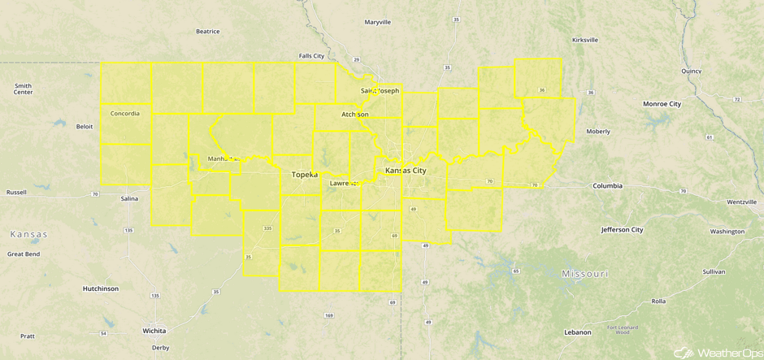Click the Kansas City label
tap(405, 171)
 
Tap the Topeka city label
tap(305, 174)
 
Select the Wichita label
tap(154, 331)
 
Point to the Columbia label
tap(607, 186)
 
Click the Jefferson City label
tap(622, 230)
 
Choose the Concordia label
tap(124, 113)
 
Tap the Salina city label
tap(128, 198)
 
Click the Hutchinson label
tap(100, 288)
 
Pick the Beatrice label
tap(208, 32)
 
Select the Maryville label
tap(378, 22)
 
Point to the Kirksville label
tap(585, 39)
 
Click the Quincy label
tap(692, 71)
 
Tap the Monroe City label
tap(662, 104)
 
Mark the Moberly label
tap(598, 131)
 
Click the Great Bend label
tap(24, 254)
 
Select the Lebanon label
tap(578, 332)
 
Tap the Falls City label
tap(311, 56)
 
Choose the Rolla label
tap(658, 301)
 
